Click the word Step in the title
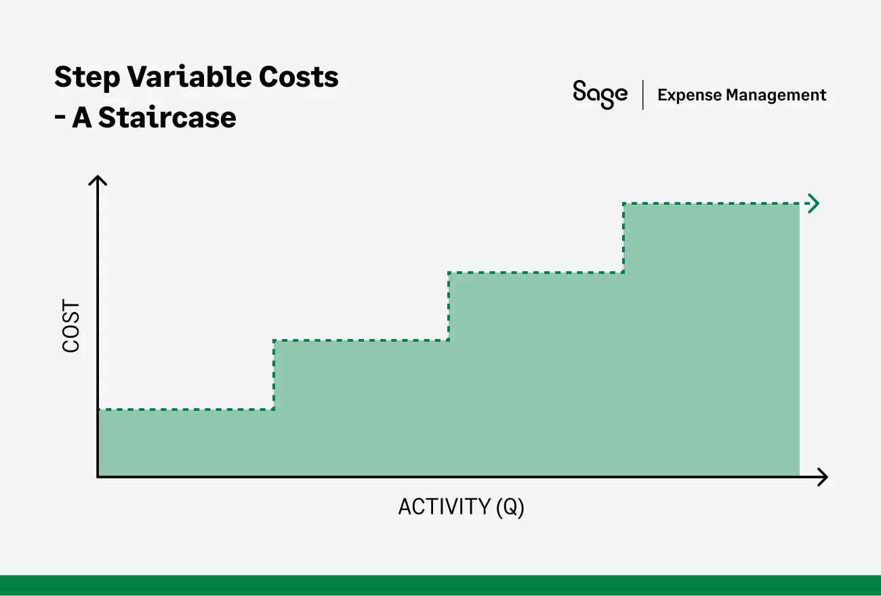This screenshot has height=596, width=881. (84, 78)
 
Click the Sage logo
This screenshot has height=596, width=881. (600, 94)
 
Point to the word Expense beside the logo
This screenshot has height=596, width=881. (688, 95)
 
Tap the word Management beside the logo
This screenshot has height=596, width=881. (776, 95)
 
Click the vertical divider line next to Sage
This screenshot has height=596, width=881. (642, 94)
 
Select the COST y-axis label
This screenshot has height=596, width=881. (71, 327)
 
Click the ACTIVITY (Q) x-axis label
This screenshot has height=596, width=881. (461, 506)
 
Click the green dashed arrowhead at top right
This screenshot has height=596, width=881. (814, 203)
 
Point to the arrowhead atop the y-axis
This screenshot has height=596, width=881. (98, 180)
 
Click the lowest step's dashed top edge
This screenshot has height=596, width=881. (186, 410)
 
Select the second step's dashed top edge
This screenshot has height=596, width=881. (361, 340)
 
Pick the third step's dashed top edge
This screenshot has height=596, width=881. (535, 273)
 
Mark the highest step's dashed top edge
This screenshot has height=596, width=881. (712, 203)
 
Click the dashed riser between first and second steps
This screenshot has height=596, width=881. (274, 375)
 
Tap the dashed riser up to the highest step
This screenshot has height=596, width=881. (623, 238)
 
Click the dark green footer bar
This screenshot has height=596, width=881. (440, 585)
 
